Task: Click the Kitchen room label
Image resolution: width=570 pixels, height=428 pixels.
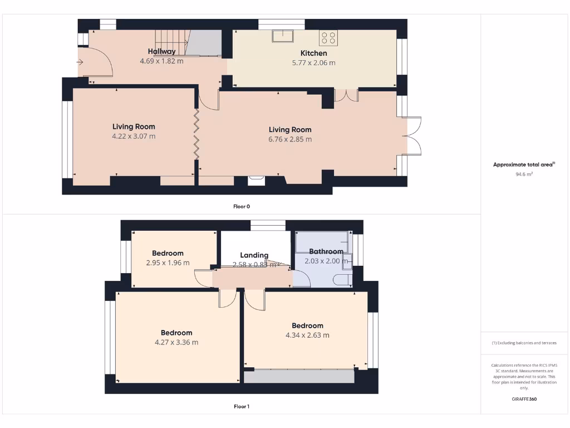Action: pos(313,53)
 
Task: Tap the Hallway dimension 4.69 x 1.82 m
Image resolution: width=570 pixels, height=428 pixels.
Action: pos(161,61)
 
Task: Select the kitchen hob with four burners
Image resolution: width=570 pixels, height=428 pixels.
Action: pos(328,37)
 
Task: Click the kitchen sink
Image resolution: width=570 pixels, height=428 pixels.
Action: pos(283,36)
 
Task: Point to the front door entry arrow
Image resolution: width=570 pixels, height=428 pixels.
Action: pos(81,62)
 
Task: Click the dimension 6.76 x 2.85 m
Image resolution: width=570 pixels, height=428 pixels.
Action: pos(290,139)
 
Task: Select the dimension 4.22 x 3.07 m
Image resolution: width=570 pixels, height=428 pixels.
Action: pos(134,136)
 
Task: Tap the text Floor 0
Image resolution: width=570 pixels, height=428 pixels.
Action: pos(242,206)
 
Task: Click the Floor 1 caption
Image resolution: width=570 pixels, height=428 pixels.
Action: pos(242,406)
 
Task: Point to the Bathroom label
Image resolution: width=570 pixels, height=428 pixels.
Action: pos(326,251)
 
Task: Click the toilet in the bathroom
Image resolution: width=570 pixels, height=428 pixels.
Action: pos(343,279)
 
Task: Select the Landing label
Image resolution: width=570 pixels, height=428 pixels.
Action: pos(254,255)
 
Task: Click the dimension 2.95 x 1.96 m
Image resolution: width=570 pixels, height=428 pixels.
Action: pos(168,262)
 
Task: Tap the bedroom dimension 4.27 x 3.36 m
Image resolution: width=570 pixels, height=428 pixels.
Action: pos(176,342)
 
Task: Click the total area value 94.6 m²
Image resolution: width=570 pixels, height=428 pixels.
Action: pos(524,174)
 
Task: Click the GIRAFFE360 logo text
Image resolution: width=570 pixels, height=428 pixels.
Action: pos(524,399)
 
